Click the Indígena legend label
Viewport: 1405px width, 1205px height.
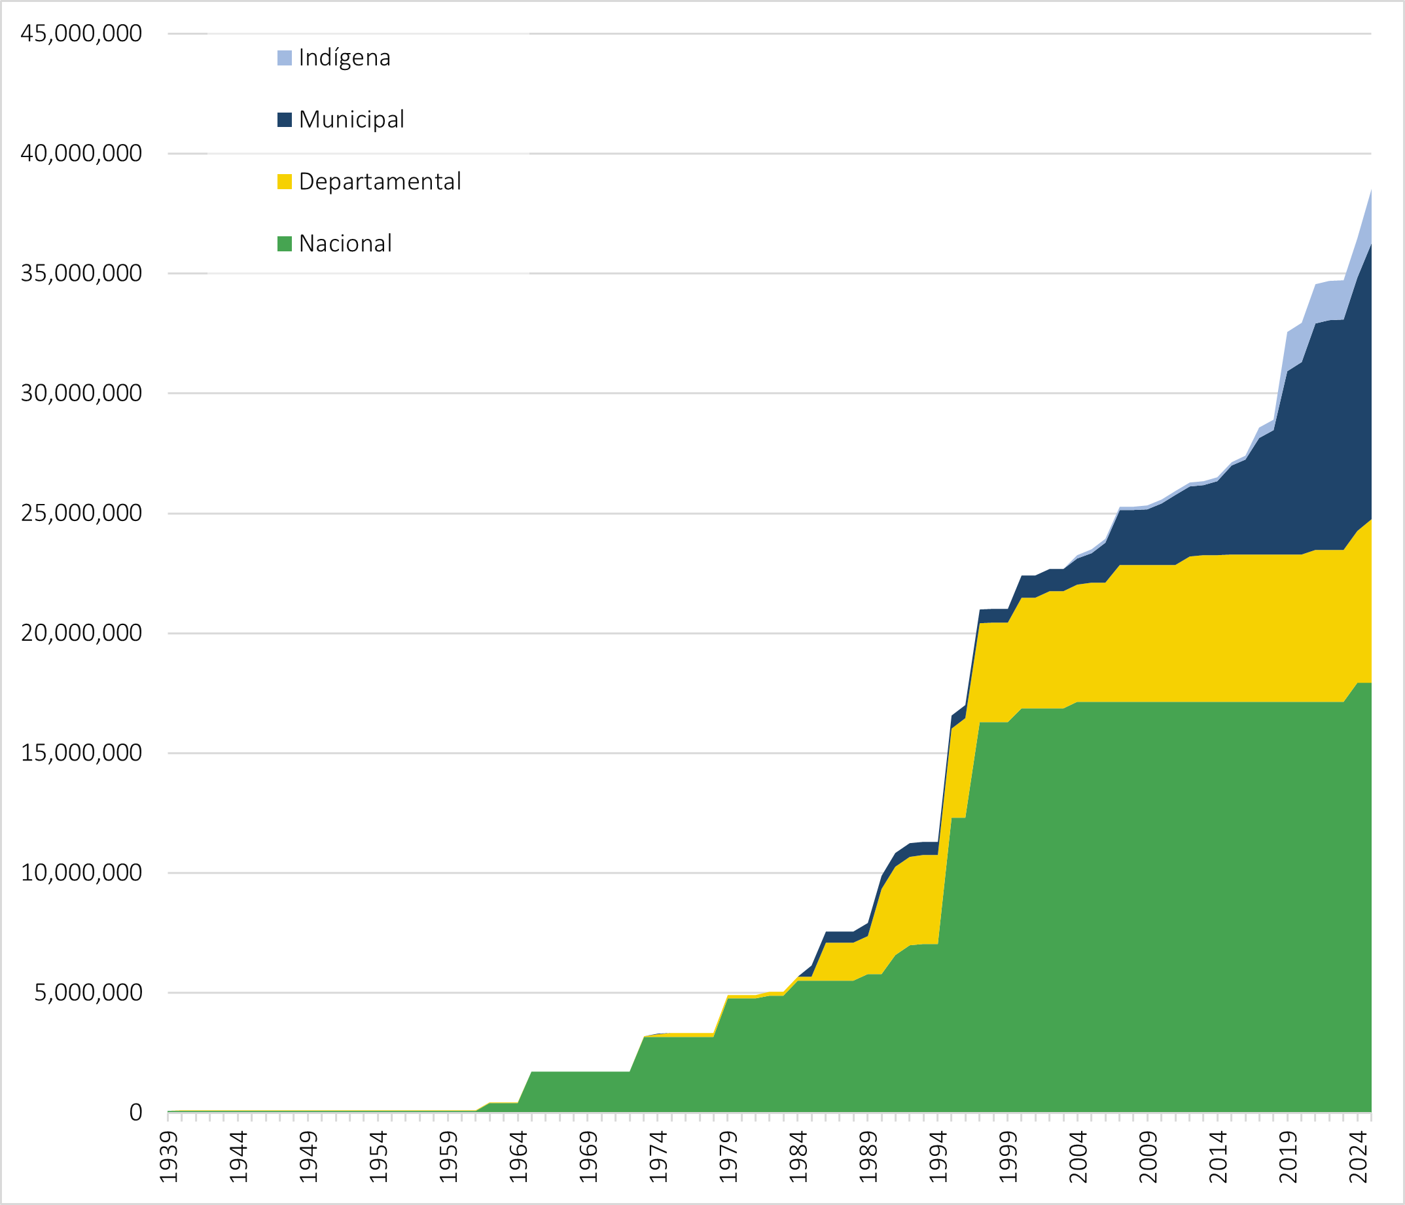pos(344,58)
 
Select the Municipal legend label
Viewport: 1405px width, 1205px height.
pos(351,119)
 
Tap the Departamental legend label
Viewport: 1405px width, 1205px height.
pos(380,182)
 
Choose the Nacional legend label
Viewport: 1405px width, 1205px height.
pos(345,243)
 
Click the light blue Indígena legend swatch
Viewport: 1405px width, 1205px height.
pos(285,58)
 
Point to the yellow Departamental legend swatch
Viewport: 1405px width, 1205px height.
pos(285,182)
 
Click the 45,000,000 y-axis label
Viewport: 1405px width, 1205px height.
pos(81,33)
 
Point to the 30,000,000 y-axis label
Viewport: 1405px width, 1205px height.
pos(81,393)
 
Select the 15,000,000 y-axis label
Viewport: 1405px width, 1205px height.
pos(81,753)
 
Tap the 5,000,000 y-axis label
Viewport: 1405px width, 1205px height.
pos(88,993)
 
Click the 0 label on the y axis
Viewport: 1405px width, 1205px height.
pos(135,1113)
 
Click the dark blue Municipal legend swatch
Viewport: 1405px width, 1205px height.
pos(285,120)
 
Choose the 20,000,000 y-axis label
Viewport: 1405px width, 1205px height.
pos(81,634)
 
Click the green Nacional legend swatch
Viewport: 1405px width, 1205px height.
pos(285,244)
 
